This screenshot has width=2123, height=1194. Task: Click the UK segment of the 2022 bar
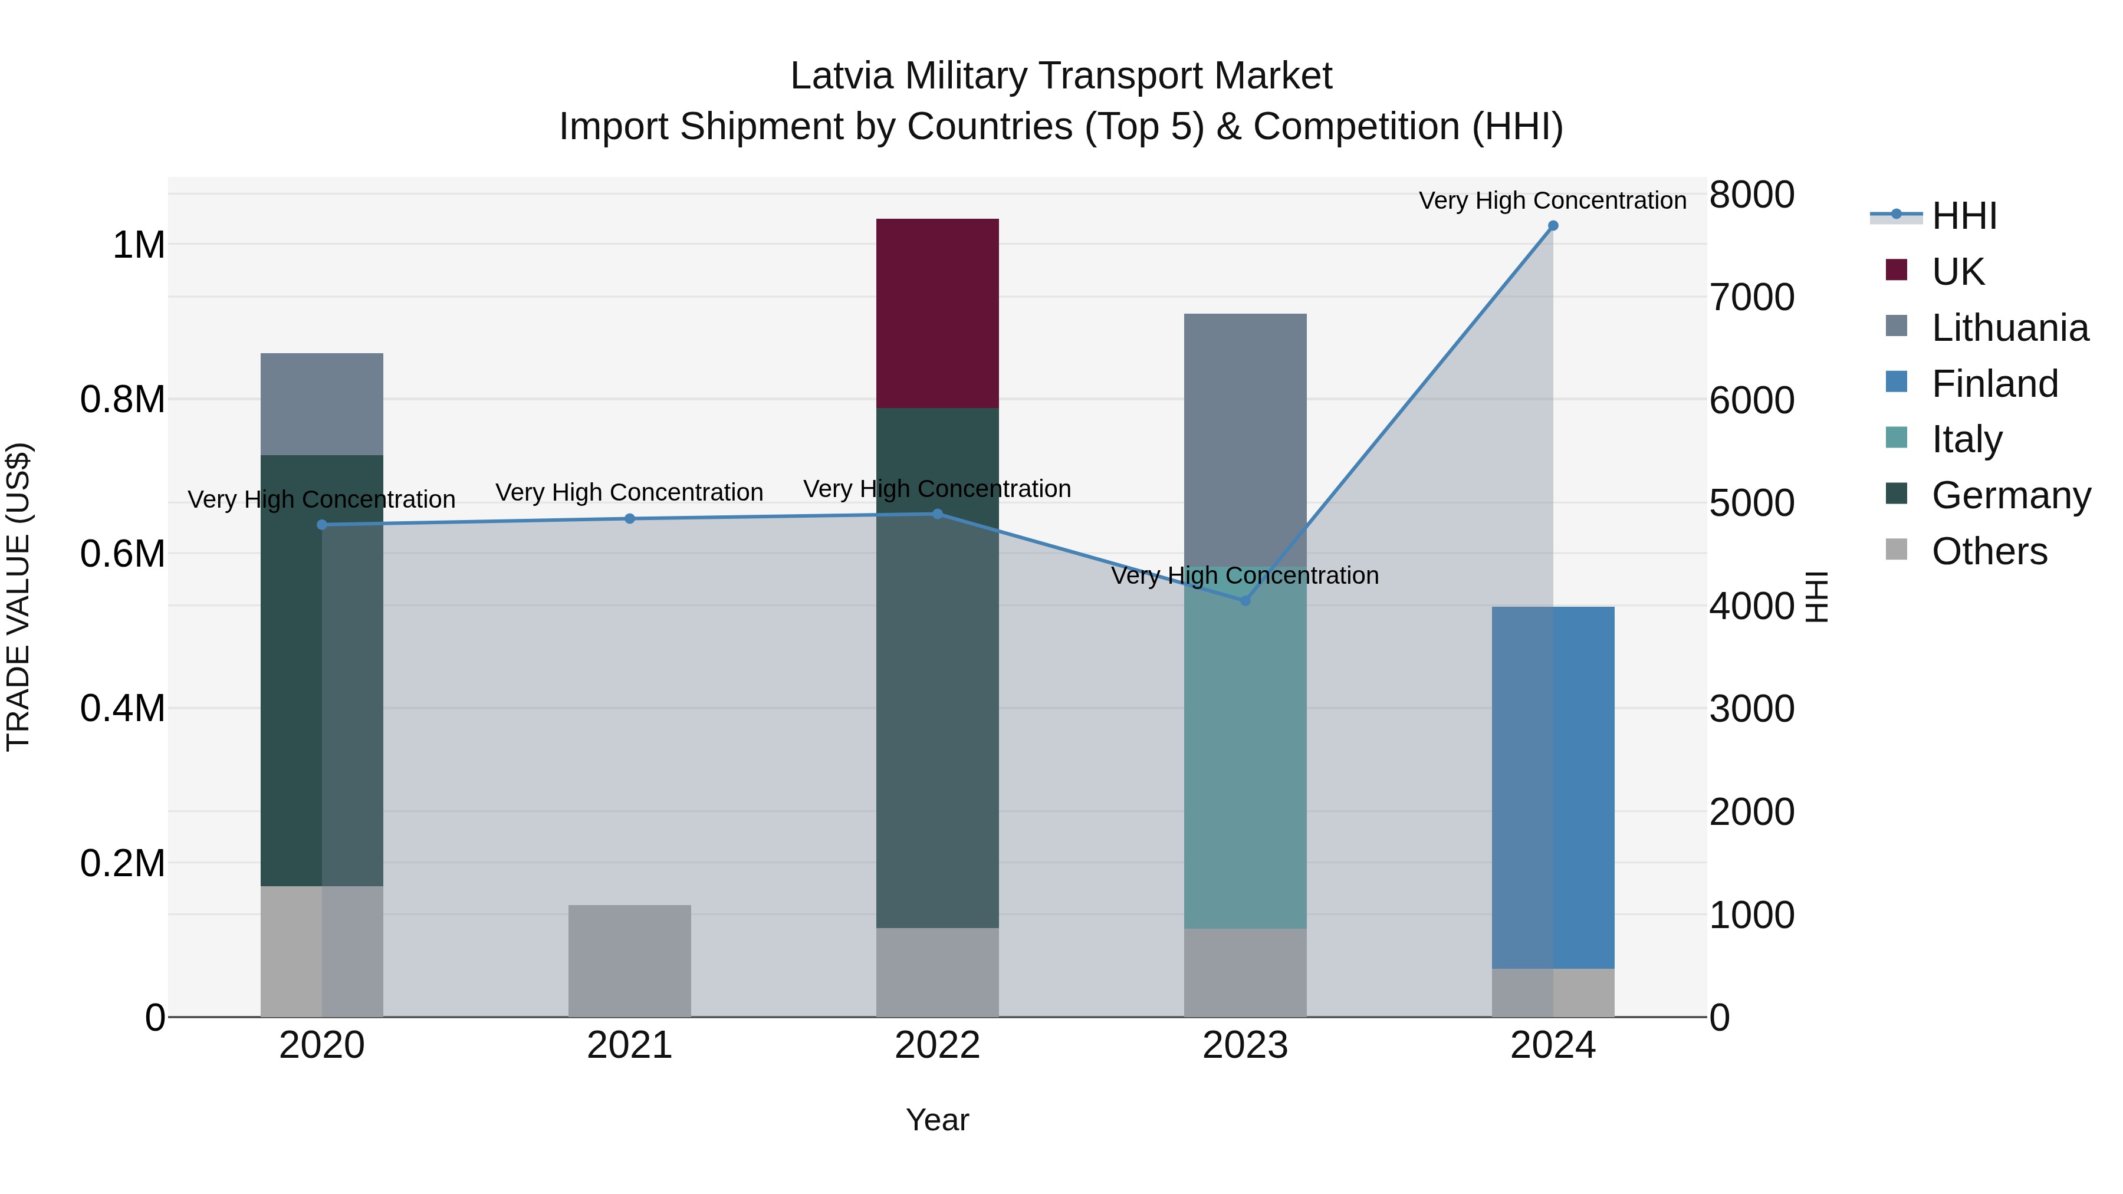pyautogui.click(x=937, y=313)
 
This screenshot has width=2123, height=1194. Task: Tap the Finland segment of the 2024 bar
pyautogui.click(x=1553, y=787)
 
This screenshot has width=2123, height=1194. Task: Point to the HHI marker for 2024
pyautogui.click(x=1553, y=226)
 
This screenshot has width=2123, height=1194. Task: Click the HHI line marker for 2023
pyautogui.click(x=1245, y=601)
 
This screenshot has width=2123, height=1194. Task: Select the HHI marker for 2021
pyautogui.click(x=630, y=518)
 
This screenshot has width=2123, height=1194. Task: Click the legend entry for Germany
pyautogui.click(x=2011, y=495)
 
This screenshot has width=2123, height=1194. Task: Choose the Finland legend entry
pyautogui.click(x=1994, y=384)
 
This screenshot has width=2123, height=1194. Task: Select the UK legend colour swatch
pyautogui.click(x=1897, y=270)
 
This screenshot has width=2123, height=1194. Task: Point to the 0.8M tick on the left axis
pyautogui.click(x=122, y=400)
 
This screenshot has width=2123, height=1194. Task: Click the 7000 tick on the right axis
pyautogui.click(x=1751, y=298)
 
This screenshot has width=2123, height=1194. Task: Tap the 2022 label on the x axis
pyautogui.click(x=937, y=1045)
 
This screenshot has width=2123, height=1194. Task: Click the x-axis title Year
pyautogui.click(x=937, y=1120)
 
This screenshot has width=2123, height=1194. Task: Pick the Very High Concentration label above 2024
pyautogui.click(x=1552, y=200)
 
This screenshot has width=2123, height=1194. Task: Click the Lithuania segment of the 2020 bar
pyautogui.click(x=321, y=404)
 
